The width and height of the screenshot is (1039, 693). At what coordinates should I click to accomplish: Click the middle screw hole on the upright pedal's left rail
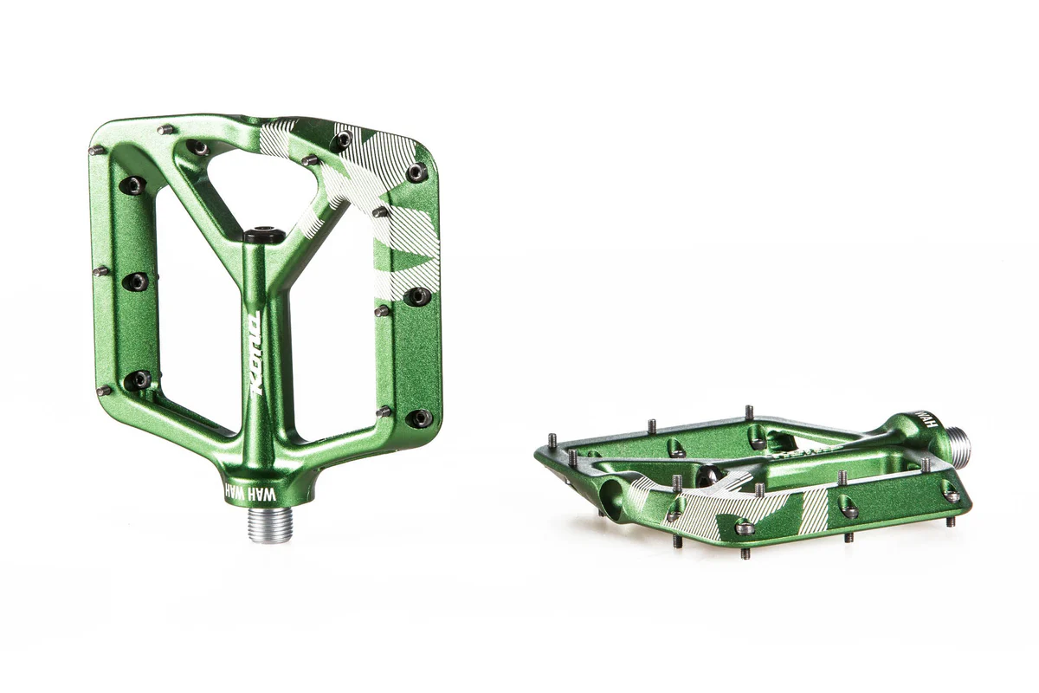click(136, 282)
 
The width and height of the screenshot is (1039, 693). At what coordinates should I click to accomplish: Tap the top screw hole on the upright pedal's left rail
click(134, 185)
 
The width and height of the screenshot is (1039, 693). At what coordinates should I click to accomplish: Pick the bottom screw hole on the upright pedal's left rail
click(138, 379)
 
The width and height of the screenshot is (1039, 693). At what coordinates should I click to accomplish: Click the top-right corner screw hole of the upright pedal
click(417, 172)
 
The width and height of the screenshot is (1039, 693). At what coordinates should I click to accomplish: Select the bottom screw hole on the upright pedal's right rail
click(420, 418)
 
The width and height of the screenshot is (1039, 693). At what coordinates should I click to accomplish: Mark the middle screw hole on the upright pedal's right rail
click(418, 296)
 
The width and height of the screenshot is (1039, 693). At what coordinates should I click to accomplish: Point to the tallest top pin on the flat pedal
click(749, 413)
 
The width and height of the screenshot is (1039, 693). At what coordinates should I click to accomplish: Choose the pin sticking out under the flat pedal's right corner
click(950, 521)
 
